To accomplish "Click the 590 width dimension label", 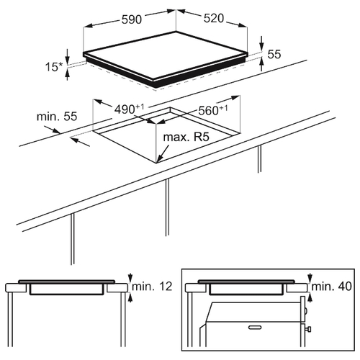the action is [132, 19].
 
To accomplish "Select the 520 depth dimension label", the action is [214, 18].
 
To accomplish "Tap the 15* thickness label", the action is [54, 67].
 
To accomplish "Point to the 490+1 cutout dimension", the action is [129, 109].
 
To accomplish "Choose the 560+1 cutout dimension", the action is [213, 110].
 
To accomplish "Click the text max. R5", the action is [186, 137].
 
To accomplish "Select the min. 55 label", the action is [57, 117].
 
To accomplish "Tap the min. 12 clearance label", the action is [152, 287].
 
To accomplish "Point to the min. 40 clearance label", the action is [331, 287].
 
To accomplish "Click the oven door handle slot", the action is [255, 327].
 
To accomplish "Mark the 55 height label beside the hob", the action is [274, 54].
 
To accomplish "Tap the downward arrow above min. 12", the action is [130, 278].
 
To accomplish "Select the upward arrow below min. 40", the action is [310, 298].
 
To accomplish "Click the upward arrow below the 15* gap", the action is [68, 74].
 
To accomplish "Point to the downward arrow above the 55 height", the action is [261, 43].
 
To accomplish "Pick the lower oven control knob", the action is [308, 328].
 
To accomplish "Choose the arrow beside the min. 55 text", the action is [53, 130].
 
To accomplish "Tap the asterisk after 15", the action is [60, 64].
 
